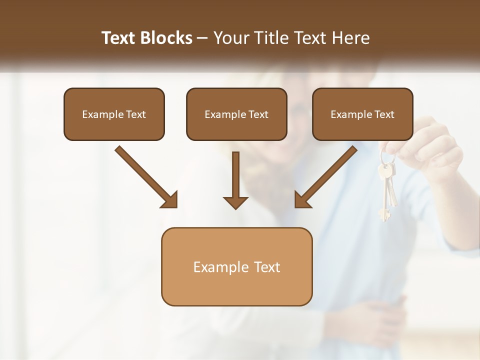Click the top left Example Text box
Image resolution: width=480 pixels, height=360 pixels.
click(114, 114)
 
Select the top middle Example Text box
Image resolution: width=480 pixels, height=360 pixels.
click(236, 114)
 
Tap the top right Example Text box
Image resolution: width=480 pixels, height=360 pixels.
click(362, 114)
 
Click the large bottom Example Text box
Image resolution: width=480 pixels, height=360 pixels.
click(236, 266)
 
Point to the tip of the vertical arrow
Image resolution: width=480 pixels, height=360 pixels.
click(235, 207)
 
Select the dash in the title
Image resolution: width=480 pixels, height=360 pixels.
click(202, 38)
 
